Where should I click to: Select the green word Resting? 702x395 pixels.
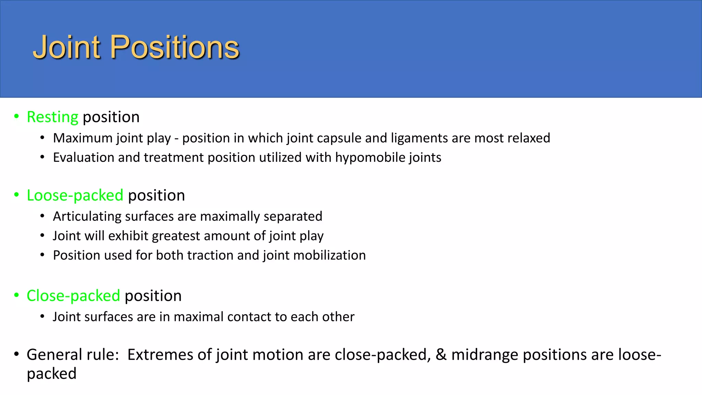point(52,117)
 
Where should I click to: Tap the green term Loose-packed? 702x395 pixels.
point(75,195)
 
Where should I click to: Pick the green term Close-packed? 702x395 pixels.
point(73,296)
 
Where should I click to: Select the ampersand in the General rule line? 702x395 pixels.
point(441,355)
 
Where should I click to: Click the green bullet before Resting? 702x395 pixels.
point(16,117)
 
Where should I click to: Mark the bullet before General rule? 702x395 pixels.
point(16,354)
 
